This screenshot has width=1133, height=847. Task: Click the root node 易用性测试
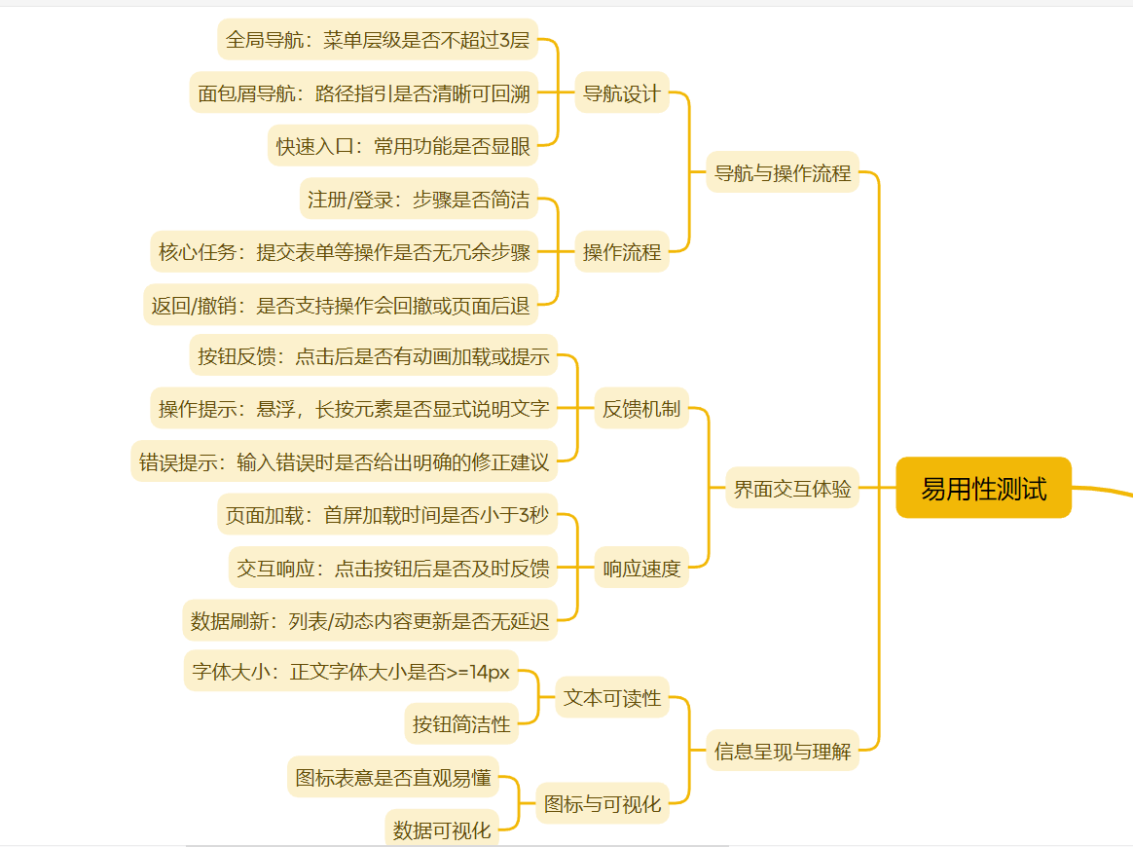point(983,488)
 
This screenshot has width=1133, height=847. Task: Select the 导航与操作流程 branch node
point(783,173)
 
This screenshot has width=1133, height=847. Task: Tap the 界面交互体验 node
point(792,489)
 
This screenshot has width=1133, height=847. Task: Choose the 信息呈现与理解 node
point(783,751)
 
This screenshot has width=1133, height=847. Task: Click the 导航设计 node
point(621,93)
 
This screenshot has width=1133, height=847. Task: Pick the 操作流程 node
point(621,252)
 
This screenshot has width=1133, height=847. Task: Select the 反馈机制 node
point(641,409)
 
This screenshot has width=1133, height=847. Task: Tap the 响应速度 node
point(641,569)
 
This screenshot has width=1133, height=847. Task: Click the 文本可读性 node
point(612,698)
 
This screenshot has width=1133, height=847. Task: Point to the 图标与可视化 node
point(603,804)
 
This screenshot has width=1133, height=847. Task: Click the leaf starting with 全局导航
point(377,40)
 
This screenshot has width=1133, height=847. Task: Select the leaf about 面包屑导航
point(364,93)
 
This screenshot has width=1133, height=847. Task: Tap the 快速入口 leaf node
point(403,146)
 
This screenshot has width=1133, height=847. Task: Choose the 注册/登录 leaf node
point(419,200)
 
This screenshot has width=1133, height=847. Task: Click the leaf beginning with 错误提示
point(345,462)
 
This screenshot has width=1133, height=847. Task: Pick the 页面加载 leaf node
point(386,515)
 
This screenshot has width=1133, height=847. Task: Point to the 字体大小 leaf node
point(350,672)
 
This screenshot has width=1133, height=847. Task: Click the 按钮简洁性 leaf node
point(461,724)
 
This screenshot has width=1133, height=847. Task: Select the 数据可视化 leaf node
point(442,830)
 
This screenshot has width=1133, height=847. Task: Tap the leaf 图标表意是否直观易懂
point(393,778)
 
